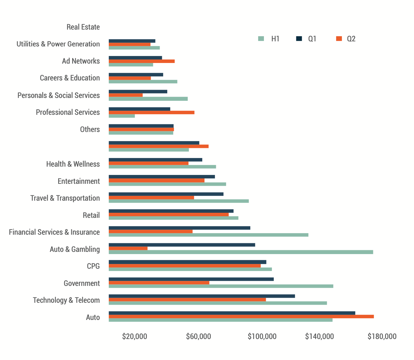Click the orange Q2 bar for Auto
point(241,316)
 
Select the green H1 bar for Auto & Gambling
point(241,252)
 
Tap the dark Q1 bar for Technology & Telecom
point(202,296)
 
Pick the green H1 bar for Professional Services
point(122,116)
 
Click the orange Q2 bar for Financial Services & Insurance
point(150,232)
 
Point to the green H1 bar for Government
point(221,286)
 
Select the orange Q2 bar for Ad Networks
point(141,61)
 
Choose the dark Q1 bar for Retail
point(171,211)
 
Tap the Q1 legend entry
point(307,39)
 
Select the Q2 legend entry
point(346,39)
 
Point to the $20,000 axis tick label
point(135,336)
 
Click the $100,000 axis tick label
point(262,336)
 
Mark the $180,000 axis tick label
point(382,336)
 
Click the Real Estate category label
point(83,27)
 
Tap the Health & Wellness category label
point(73,164)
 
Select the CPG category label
point(93,266)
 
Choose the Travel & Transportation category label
point(65,198)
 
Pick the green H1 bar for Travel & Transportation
point(179,201)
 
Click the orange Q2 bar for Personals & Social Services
point(126,95)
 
